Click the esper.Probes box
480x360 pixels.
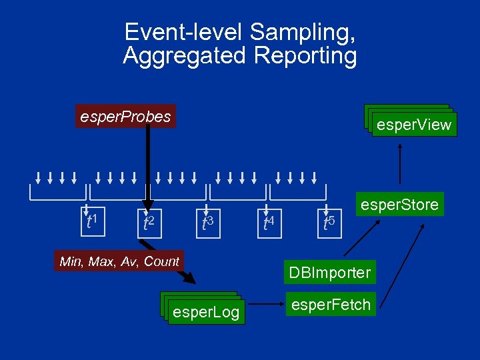click(x=125, y=117)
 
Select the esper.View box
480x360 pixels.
click(x=414, y=125)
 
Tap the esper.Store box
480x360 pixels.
click(x=399, y=204)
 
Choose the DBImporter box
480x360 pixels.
click(x=329, y=272)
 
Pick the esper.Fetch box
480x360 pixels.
click(x=331, y=305)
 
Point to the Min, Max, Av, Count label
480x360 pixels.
click(x=119, y=261)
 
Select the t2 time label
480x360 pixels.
click(x=149, y=222)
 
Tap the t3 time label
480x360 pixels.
click(x=207, y=222)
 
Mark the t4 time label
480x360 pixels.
click(x=268, y=222)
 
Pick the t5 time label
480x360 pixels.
click(x=328, y=222)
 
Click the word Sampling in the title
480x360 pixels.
click(x=302, y=32)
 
